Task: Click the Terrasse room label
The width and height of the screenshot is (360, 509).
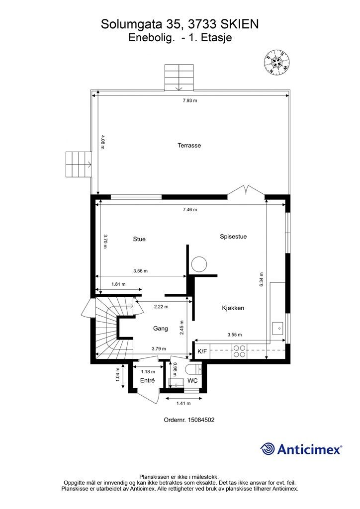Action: (x=189, y=146)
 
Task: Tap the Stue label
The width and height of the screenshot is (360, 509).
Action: (x=139, y=239)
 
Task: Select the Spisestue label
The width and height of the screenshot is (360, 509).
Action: (x=233, y=237)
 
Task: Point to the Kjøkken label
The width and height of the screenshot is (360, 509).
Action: (x=233, y=308)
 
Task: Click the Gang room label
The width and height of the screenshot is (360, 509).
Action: (x=161, y=329)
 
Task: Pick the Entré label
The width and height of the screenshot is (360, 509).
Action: (x=147, y=380)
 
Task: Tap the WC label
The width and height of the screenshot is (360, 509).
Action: (x=192, y=380)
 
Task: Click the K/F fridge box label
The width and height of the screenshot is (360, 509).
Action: (x=202, y=351)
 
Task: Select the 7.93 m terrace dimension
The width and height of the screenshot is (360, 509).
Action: (x=189, y=100)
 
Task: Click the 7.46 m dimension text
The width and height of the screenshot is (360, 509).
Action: (x=190, y=210)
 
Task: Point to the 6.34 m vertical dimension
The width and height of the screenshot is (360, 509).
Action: (x=262, y=279)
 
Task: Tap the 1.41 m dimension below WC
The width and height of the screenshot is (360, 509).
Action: (x=183, y=404)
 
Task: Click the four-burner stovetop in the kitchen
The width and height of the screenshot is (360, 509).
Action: (x=239, y=351)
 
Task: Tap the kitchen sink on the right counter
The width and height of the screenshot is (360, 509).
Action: (x=277, y=328)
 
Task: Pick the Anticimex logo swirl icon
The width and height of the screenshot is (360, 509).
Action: (x=267, y=449)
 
